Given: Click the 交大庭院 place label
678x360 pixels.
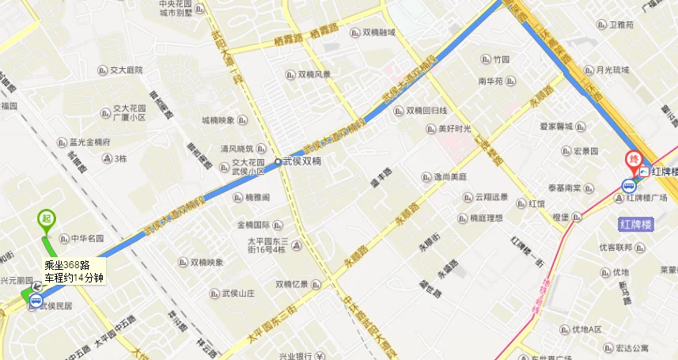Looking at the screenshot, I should tap(127, 70).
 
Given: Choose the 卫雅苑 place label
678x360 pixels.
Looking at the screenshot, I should tap(620, 25).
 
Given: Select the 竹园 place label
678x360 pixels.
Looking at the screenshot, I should tap(501, 59).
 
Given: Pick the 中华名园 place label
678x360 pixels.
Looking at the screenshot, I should tap(87, 237).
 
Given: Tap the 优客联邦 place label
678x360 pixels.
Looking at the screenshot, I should tap(616, 247).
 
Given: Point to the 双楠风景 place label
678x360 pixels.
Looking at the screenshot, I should tap(314, 74).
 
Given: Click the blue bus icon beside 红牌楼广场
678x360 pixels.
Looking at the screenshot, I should tap(630, 186).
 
